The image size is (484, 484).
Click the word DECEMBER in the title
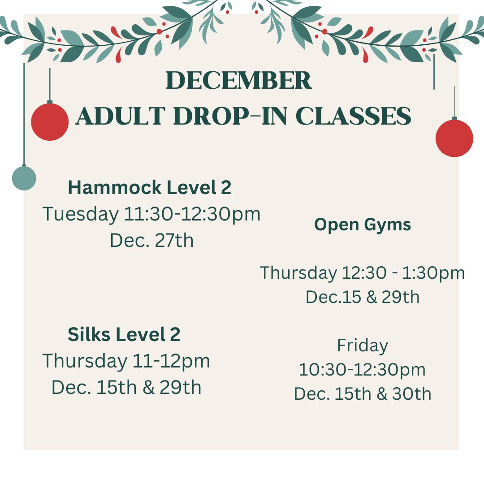238,80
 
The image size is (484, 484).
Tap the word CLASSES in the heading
353,116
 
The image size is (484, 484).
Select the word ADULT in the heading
121,116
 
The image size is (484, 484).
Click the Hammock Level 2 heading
149,187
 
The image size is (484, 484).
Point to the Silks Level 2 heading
124,334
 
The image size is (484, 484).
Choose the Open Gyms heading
363,225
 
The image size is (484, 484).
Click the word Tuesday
81,215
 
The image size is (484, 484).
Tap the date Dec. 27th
151,240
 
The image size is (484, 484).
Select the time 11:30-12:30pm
192,215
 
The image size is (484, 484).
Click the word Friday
363,346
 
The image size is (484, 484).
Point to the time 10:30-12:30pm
362,370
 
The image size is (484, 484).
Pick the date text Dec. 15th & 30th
363,394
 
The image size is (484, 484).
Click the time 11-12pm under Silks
171,362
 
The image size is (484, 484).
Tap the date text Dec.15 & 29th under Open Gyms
363,297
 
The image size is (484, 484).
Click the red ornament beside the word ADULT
50,121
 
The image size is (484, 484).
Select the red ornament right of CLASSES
454,138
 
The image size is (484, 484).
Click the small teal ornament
24,178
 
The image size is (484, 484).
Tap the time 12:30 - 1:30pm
403,273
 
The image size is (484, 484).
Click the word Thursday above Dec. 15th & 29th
85,362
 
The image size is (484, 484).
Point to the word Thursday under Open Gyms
298,273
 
